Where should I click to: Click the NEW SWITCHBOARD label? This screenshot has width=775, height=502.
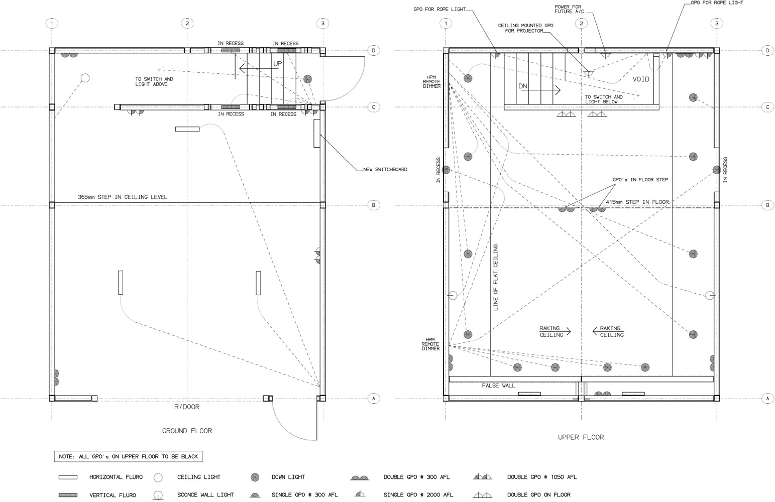tap(385, 169)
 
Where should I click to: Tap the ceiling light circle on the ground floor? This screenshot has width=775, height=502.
tap(85, 78)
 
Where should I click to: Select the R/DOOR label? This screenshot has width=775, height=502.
tap(187, 407)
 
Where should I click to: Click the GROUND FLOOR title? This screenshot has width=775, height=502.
tap(187, 431)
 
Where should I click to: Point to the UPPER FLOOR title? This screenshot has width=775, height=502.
tap(581, 437)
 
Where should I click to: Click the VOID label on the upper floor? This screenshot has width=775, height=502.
tap(641, 79)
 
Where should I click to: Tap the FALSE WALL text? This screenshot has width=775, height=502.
tap(499, 386)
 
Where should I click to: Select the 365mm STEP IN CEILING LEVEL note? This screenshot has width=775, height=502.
tap(123, 197)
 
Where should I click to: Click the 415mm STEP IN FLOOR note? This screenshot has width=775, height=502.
tap(637, 202)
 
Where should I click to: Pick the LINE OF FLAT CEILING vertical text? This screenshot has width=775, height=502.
tap(495, 277)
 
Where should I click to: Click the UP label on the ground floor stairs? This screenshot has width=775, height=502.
tap(278, 64)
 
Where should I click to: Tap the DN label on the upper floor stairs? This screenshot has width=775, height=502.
tap(523, 86)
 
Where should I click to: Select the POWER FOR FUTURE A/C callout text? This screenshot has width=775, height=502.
tap(569, 9)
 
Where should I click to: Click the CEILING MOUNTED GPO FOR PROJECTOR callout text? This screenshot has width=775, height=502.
tap(525, 28)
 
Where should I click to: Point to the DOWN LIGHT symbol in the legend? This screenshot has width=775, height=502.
tap(255, 477)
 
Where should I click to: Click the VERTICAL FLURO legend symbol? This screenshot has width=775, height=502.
tap(68, 495)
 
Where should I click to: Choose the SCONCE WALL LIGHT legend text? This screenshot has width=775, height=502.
tap(205, 495)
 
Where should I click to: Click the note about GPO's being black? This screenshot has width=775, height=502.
tap(129, 457)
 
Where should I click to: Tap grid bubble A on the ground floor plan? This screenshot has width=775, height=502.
tap(373, 399)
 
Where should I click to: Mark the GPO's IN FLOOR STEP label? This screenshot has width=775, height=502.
tap(640, 180)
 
